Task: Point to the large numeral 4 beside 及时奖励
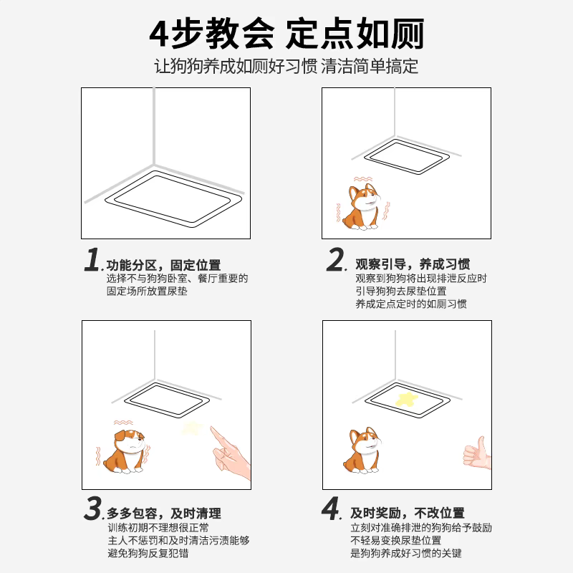(x=330, y=509)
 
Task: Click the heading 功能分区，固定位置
(x=163, y=265)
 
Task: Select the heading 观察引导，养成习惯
(x=413, y=265)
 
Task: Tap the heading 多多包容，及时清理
(x=163, y=514)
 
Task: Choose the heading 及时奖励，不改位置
(x=407, y=514)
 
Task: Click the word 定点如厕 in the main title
(x=355, y=34)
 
